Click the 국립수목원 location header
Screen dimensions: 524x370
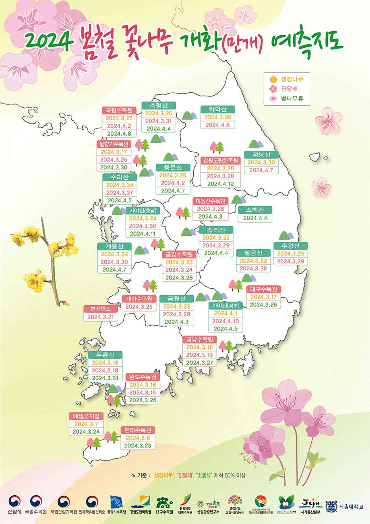[x=119, y=110]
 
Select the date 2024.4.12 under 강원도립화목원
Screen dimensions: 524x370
[x=220, y=184]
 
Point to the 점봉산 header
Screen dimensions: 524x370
[x=261, y=155]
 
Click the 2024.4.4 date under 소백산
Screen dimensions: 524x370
[x=255, y=218]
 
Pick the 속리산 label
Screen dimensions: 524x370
[x=216, y=229]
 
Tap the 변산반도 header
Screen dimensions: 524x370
[x=100, y=308]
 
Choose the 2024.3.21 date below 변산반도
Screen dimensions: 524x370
[x=100, y=317]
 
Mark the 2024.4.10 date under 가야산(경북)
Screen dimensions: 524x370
[x=225, y=321]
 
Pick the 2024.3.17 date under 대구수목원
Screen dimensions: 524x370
[x=264, y=297]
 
